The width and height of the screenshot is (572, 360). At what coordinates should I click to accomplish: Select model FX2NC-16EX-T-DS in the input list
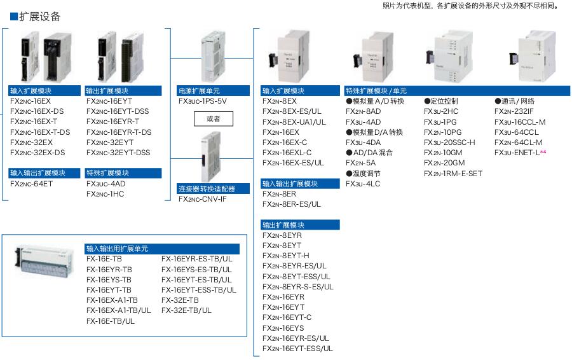[x=40, y=132]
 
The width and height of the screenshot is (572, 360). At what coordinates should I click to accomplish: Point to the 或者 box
[x=213, y=119]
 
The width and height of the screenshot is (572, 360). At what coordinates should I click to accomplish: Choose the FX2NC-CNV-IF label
[x=203, y=199]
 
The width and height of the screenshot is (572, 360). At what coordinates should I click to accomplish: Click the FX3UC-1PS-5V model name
[x=203, y=101]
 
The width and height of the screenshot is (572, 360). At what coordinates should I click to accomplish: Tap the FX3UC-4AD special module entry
[x=106, y=183]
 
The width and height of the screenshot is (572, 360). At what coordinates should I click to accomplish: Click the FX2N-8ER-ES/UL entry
[x=292, y=204]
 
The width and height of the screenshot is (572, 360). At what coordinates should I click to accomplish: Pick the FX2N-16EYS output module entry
[x=283, y=328]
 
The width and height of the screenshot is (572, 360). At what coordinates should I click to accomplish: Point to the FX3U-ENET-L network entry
[x=517, y=153]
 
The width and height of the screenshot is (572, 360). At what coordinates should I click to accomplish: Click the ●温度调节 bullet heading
[x=364, y=173]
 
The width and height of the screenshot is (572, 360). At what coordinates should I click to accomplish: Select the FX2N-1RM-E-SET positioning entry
[x=453, y=173]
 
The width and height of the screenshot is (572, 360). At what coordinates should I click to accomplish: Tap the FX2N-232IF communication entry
[x=514, y=111]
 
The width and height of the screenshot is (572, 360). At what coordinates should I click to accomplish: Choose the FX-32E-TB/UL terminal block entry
[x=187, y=310]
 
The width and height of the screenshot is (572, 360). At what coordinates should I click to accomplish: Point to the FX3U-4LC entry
[x=363, y=184]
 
